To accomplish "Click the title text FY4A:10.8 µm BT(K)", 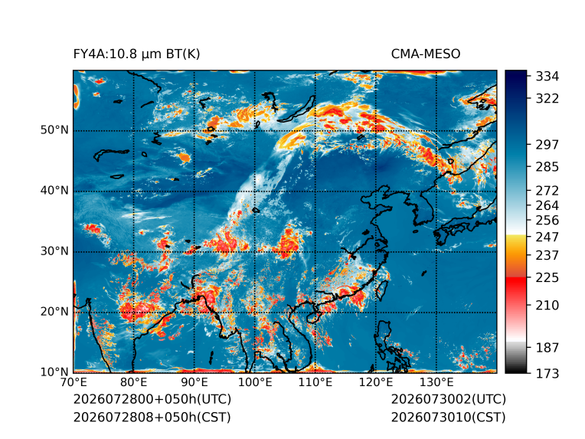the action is pos(136,54).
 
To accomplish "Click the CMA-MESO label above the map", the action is pos(426,54).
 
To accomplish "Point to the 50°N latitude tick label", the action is pos(54,130).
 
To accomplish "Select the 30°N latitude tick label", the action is pos(54,251).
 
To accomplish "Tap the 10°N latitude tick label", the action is pos(54,372).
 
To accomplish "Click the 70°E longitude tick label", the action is pos(74,382).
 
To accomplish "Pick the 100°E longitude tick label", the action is pos(255,382).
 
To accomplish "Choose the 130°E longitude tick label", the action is pos(436,382).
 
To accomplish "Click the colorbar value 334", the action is pos(547,76).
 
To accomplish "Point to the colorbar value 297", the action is pos(547,145).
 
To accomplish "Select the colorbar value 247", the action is pos(547,237).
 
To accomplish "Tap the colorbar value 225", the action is pos(547,278).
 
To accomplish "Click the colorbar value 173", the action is pos(547,373).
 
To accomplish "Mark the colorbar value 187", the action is pos(547,348).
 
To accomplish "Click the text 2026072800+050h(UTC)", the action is pos(152,399).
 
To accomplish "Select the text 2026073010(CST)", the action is pos(449,418).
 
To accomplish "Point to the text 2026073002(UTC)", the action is pos(449,399).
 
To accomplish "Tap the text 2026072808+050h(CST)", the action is pos(152,418).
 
